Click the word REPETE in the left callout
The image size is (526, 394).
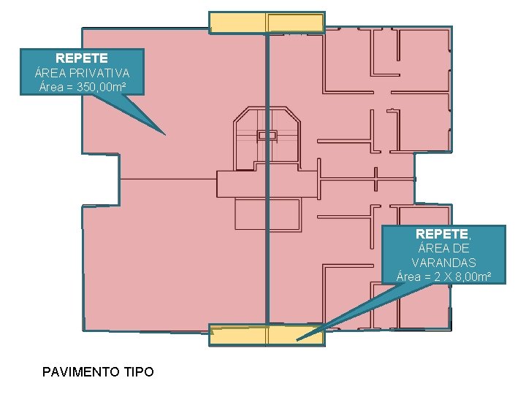[82, 58]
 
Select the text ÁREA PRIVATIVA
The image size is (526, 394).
[82, 73]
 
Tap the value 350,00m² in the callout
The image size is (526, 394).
[102, 88]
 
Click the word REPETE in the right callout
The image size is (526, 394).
[443, 234]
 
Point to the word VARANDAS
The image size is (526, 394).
[443, 263]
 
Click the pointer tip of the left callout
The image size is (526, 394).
[165, 134]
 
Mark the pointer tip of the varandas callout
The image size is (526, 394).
[297, 340]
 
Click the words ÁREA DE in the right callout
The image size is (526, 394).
[443, 248]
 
